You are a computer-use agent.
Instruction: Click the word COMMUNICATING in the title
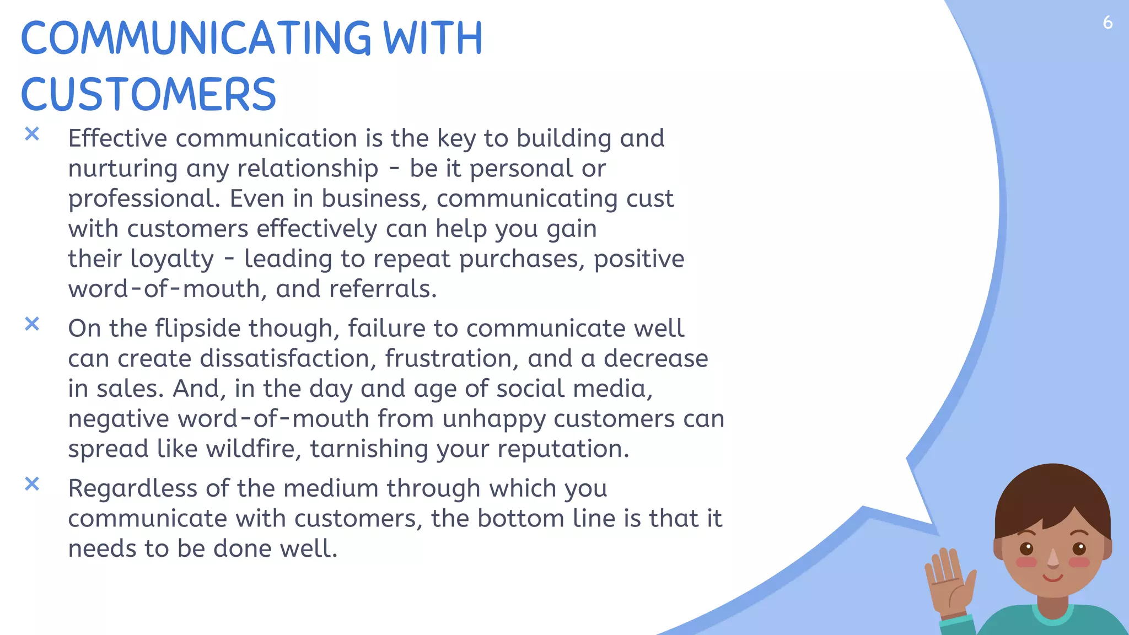click(x=196, y=39)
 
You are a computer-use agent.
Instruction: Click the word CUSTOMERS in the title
click(x=148, y=94)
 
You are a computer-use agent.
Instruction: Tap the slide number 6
click(x=1108, y=23)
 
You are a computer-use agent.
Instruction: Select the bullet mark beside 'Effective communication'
click(x=32, y=134)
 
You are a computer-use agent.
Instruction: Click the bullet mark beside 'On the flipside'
click(x=32, y=324)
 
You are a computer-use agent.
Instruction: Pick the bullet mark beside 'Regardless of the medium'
click(x=32, y=484)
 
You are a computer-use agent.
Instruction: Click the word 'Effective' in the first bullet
click(x=117, y=138)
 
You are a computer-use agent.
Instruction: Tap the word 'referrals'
click(x=383, y=289)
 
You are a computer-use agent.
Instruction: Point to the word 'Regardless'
click(x=133, y=489)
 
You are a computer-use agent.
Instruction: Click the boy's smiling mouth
click(x=1053, y=578)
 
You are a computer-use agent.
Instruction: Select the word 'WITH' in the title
click(x=433, y=39)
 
